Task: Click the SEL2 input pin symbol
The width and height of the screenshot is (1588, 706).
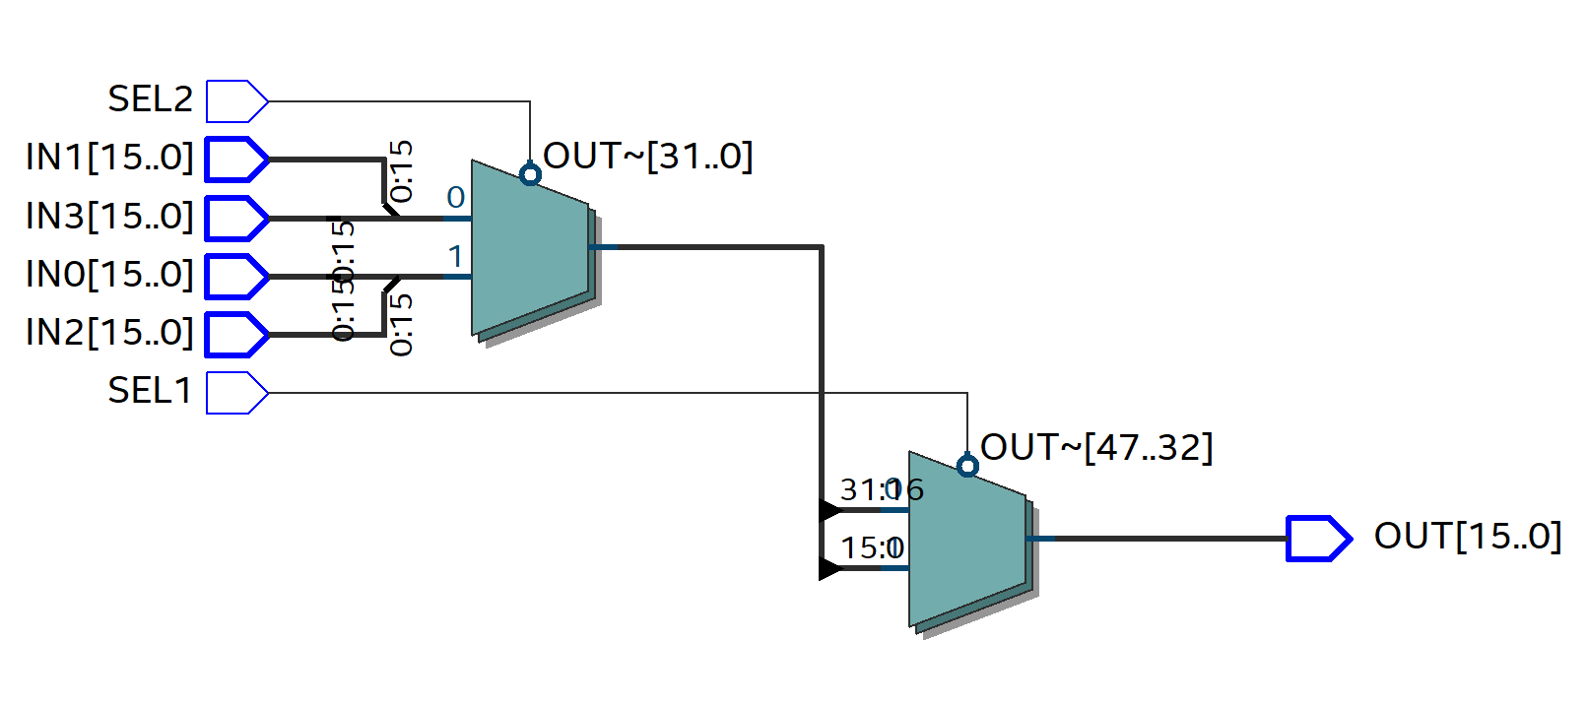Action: tap(236, 101)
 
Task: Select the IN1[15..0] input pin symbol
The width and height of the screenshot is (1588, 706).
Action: tap(236, 160)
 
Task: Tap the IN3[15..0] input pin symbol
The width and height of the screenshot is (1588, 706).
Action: tap(236, 219)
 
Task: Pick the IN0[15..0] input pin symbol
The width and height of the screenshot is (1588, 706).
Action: tap(236, 277)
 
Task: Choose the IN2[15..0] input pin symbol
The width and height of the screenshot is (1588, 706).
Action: tap(236, 335)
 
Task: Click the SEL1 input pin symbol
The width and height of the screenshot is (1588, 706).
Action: tap(236, 393)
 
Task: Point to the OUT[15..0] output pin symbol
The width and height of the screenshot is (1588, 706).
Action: tap(1318, 539)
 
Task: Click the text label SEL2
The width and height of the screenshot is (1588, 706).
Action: tap(150, 99)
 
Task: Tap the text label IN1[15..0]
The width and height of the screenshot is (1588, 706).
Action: tap(109, 158)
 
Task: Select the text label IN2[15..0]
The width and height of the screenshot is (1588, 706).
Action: tap(109, 333)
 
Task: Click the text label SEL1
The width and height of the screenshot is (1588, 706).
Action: tap(150, 391)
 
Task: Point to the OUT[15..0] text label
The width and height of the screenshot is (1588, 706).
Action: tap(1467, 537)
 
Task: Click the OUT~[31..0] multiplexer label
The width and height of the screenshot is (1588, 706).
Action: tap(648, 157)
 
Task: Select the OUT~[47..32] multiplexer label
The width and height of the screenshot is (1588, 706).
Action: tap(1096, 448)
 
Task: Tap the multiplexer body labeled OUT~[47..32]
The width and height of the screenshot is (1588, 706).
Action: tap(966, 542)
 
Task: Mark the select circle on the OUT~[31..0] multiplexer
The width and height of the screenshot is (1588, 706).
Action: tap(530, 175)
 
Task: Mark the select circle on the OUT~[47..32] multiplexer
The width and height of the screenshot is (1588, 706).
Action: tap(967, 466)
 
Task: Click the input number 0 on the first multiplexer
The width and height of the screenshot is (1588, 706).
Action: tap(455, 198)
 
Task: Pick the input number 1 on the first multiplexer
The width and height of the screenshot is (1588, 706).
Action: tap(455, 257)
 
